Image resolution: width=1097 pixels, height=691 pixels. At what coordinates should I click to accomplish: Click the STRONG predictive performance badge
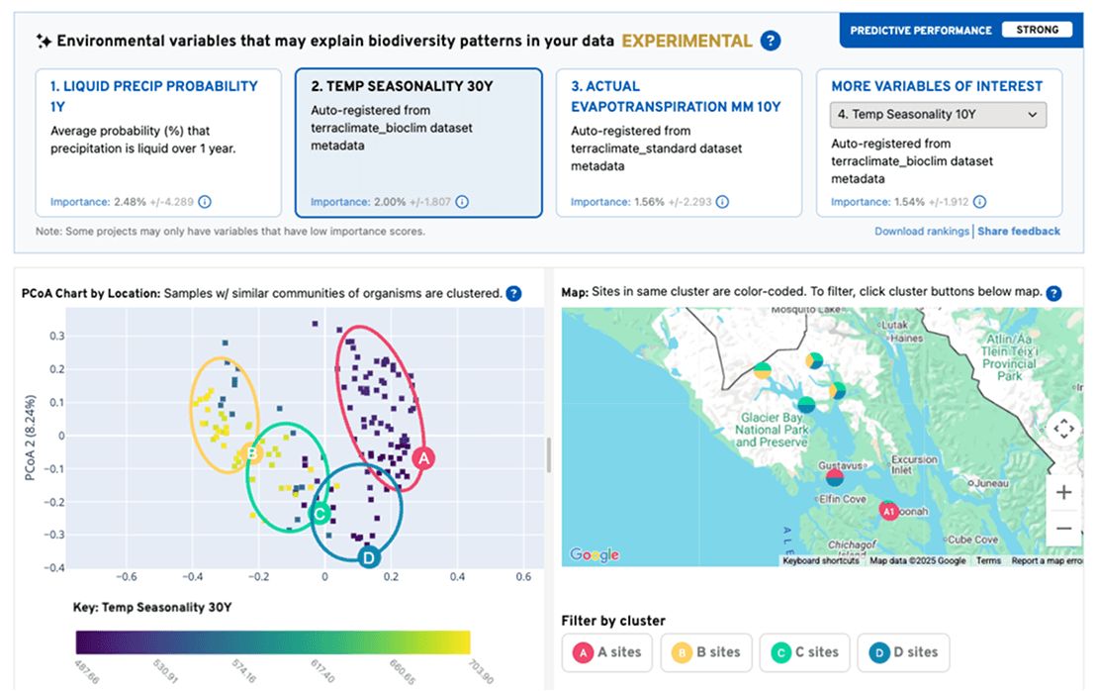coord(1037,30)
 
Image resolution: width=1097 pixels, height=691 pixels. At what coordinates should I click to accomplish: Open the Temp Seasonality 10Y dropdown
coord(937,115)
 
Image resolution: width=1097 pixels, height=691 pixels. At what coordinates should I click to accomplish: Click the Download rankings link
coord(922,232)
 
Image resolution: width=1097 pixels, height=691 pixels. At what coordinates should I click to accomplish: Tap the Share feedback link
coord(1020,232)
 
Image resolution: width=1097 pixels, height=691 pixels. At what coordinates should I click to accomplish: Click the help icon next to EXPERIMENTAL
coord(771,41)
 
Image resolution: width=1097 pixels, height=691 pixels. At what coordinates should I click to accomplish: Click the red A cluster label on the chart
coord(422,458)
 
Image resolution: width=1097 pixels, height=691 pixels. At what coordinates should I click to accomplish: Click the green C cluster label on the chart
coord(320,514)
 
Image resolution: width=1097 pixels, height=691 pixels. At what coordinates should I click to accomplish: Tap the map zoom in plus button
coord(1063,492)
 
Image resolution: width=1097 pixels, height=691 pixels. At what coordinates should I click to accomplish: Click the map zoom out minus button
coord(1063,529)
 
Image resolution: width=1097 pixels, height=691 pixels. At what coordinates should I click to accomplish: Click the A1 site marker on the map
coord(888,511)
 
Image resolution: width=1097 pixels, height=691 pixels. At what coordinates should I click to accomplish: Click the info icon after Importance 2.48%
coord(205,202)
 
